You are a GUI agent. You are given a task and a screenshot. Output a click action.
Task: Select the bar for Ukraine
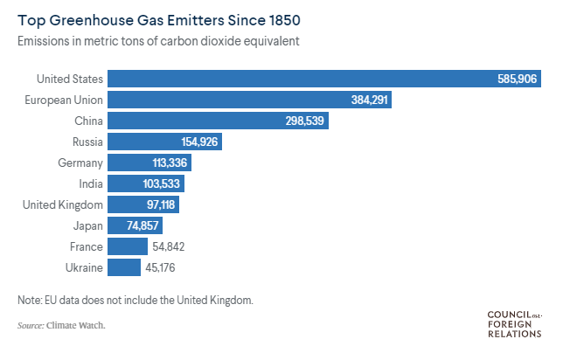click(x=125, y=267)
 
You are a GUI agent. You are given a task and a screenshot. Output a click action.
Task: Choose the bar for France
click(x=129, y=246)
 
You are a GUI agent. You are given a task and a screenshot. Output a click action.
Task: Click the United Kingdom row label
click(x=63, y=204)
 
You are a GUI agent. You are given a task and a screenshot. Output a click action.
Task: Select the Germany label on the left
click(x=80, y=163)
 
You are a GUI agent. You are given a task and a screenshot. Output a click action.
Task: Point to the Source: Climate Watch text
click(x=61, y=326)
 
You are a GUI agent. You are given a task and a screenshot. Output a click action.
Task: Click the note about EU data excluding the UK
click(x=135, y=300)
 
